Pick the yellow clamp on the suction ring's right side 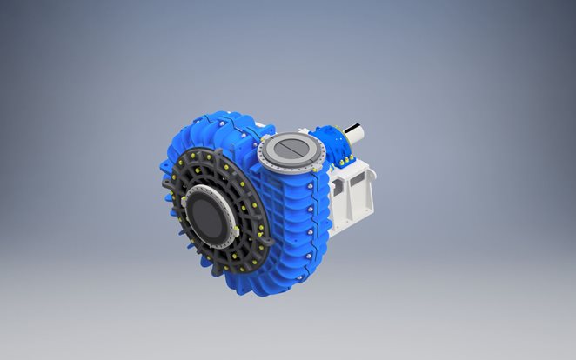point(236,232)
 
